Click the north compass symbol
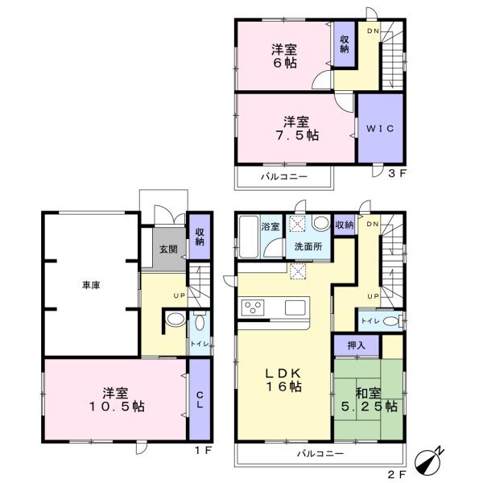point(428,461)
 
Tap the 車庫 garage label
point(91,286)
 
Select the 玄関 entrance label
point(168,250)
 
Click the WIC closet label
point(380,128)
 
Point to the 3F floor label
point(397,173)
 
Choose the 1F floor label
point(204,451)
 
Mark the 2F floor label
point(397,474)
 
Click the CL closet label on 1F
point(200,400)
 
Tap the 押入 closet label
point(357,345)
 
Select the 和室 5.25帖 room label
point(369,400)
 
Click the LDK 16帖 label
point(283,380)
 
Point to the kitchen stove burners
point(253,308)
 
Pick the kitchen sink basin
point(295,308)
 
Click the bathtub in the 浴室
point(249,237)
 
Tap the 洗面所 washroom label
point(308,246)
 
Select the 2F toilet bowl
point(390,321)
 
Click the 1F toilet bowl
point(200,323)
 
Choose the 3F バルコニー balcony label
point(284,176)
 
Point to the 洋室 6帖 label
point(284,56)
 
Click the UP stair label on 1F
point(180,295)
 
